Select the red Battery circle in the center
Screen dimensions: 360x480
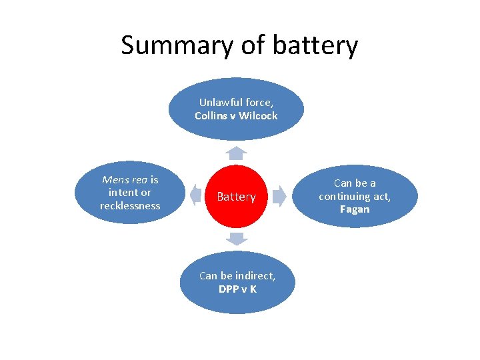236,197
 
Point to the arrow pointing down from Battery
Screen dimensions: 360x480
236,238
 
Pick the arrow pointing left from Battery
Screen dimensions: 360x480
195,195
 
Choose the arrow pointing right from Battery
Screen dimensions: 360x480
279,195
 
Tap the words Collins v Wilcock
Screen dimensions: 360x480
236,116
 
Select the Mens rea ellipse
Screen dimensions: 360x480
130,193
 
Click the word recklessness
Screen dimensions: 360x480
130,206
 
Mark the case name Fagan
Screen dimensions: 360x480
355,209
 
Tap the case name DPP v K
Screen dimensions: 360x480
237,289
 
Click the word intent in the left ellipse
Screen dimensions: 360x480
120,193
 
